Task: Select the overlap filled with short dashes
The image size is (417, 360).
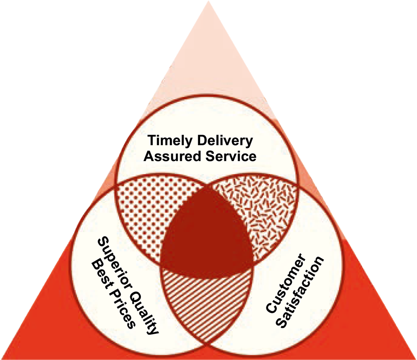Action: click(259, 209)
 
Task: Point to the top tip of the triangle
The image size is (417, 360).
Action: click(208, 2)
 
